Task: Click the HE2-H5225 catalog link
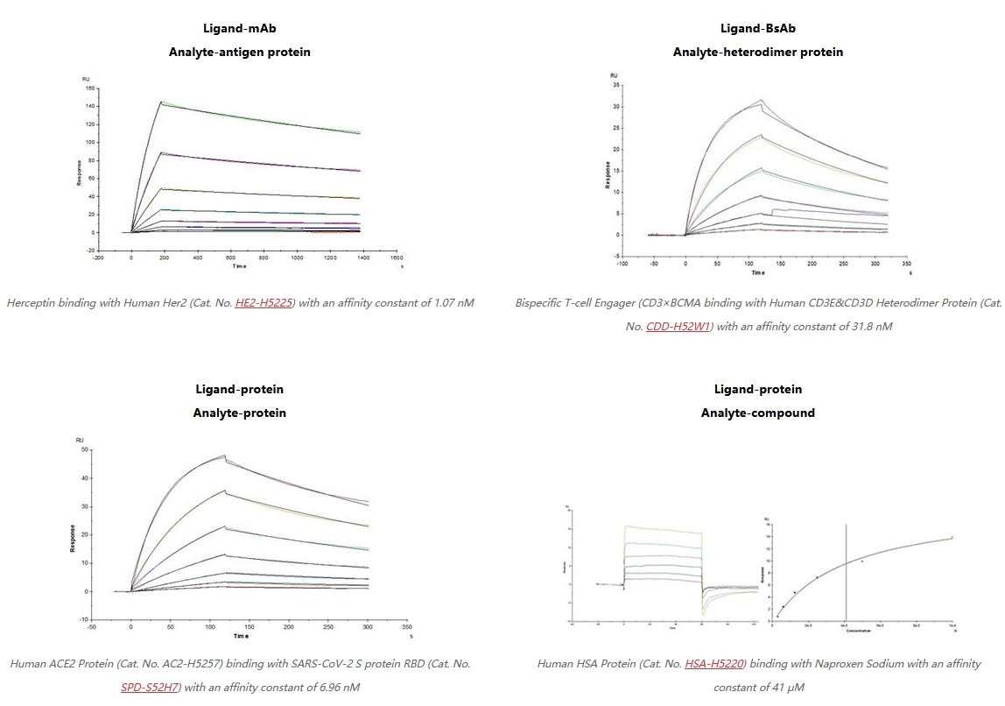point(264,303)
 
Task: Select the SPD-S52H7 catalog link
point(150,687)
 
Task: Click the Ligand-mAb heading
point(239,29)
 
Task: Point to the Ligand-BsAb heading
point(757,29)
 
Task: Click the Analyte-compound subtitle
point(757,413)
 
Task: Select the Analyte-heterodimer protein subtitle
point(757,52)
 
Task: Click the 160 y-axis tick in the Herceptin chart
point(89,88)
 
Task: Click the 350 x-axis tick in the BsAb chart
point(906,263)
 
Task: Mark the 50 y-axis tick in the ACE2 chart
point(85,449)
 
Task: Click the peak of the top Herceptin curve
point(161,102)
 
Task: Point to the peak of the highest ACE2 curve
point(224,455)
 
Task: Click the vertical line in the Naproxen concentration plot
point(846,569)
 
